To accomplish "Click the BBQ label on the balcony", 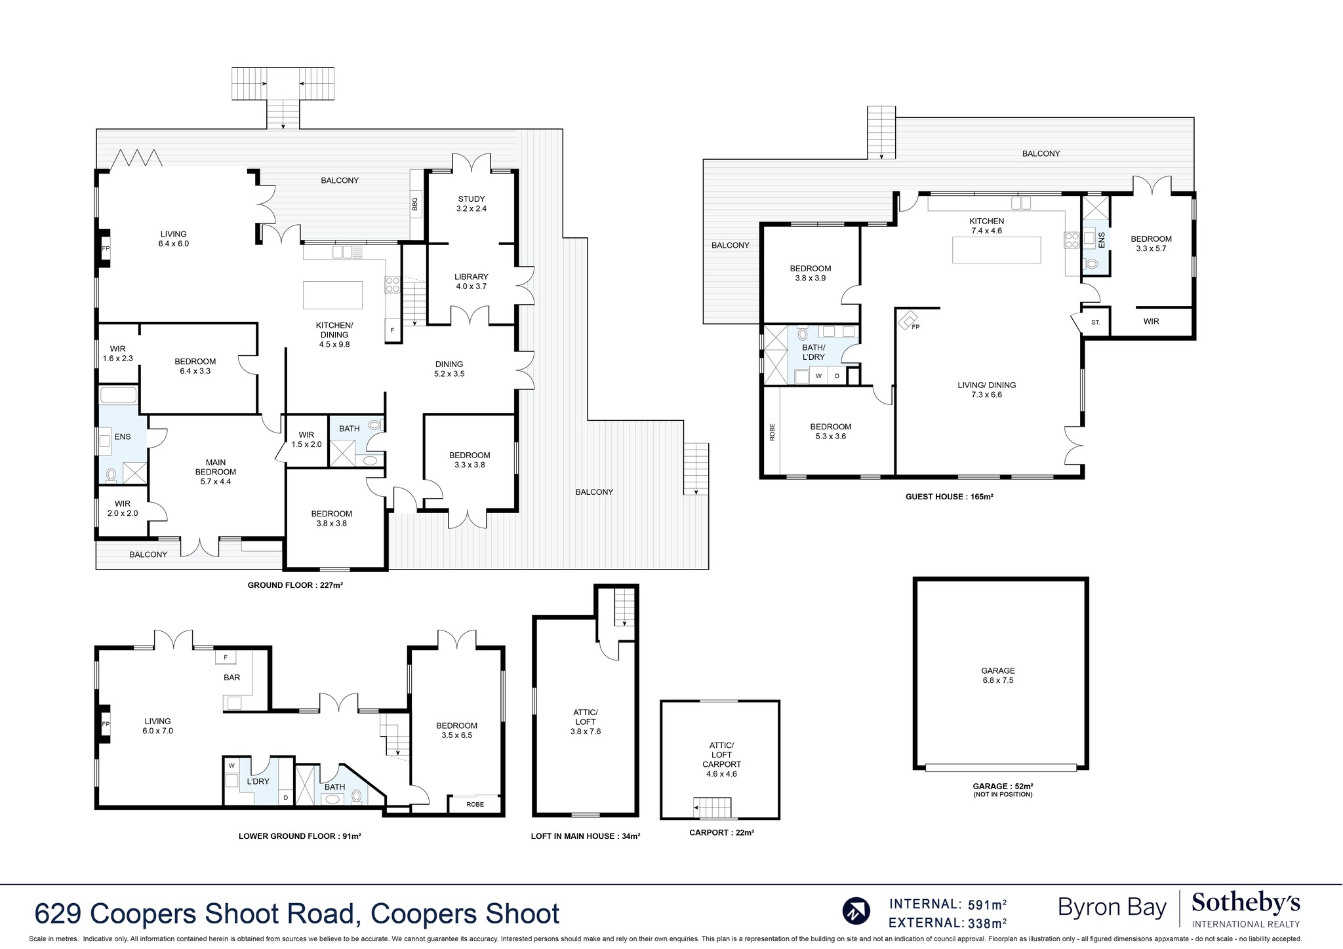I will pos(415,205).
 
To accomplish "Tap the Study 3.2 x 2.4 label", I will pos(471,204).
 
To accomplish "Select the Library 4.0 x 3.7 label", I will pos(471,281).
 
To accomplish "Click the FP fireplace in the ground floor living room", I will pos(106,248).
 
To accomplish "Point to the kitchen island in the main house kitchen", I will pos(332,294).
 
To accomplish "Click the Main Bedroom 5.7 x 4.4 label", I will pos(215,472).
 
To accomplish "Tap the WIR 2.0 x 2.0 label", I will pos(123,509).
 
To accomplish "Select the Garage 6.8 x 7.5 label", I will pos(997,675).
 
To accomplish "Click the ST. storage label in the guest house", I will pos(1095,322).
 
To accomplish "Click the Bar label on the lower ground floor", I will pos(231,678).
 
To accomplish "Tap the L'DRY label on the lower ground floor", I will pos(258,781).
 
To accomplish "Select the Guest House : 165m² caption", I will pos(949,497).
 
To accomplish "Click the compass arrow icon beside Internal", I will pos(856,911).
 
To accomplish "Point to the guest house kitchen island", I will pos(996,250).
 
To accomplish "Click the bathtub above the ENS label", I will pos(118,395).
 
